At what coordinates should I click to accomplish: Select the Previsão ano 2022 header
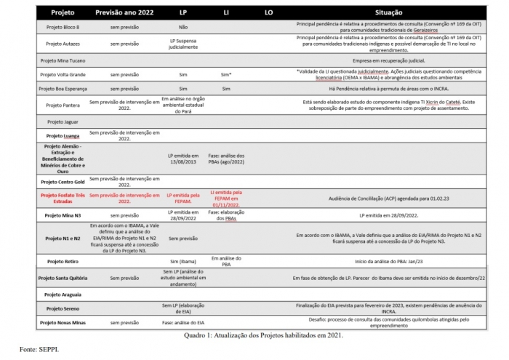[x=124, y=13]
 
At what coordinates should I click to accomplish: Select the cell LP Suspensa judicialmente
[x=183, y=44]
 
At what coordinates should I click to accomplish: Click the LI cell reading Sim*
[x=225, y=74]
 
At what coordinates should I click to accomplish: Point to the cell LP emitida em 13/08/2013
[x=183, y=157]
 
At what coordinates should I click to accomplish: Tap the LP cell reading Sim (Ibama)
[x=183, y=260]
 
